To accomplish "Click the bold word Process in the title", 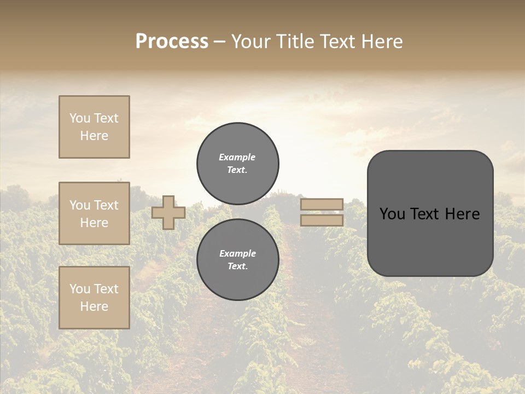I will click(172, 42).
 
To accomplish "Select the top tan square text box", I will click(94, 127).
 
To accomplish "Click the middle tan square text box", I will click(94, 213).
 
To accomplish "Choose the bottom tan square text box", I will click(94, 298).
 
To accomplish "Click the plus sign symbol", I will click(168, 212).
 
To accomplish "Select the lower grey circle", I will click(237, 259).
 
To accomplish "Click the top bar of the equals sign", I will click(322, 204).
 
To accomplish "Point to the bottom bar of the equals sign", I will click(322, 220).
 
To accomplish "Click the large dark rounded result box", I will click(430, 241).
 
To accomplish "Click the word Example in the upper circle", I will click(237, 157).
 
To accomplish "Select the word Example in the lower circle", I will click(237, 253).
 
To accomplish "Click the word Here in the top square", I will click(94, 136).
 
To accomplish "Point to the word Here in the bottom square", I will click(94, 306).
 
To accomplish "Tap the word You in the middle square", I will click(79, 205).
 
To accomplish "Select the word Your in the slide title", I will click(250, 42).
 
